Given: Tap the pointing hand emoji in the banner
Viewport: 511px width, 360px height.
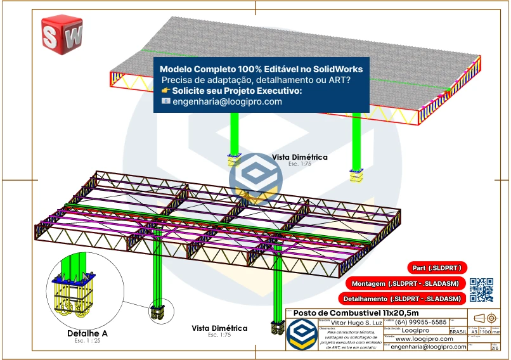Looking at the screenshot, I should click(166, 91).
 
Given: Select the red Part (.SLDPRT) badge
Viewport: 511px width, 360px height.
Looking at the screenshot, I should click(436, 267).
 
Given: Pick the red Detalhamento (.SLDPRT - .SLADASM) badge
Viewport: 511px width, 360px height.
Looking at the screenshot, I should click(404, 298).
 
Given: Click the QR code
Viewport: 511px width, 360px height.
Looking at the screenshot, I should click(481, 290).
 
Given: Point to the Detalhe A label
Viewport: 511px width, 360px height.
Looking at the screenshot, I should click(87, 333).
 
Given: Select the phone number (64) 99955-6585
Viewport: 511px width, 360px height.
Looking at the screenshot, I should click(420, 322).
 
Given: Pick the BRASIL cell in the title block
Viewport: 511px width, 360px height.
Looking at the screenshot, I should click(458, 331).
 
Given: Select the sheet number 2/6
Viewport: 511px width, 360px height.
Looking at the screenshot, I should click(495, 347).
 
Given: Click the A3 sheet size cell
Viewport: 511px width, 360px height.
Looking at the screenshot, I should click(474, 331).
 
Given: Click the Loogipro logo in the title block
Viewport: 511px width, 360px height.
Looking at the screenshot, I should click(302, 333).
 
